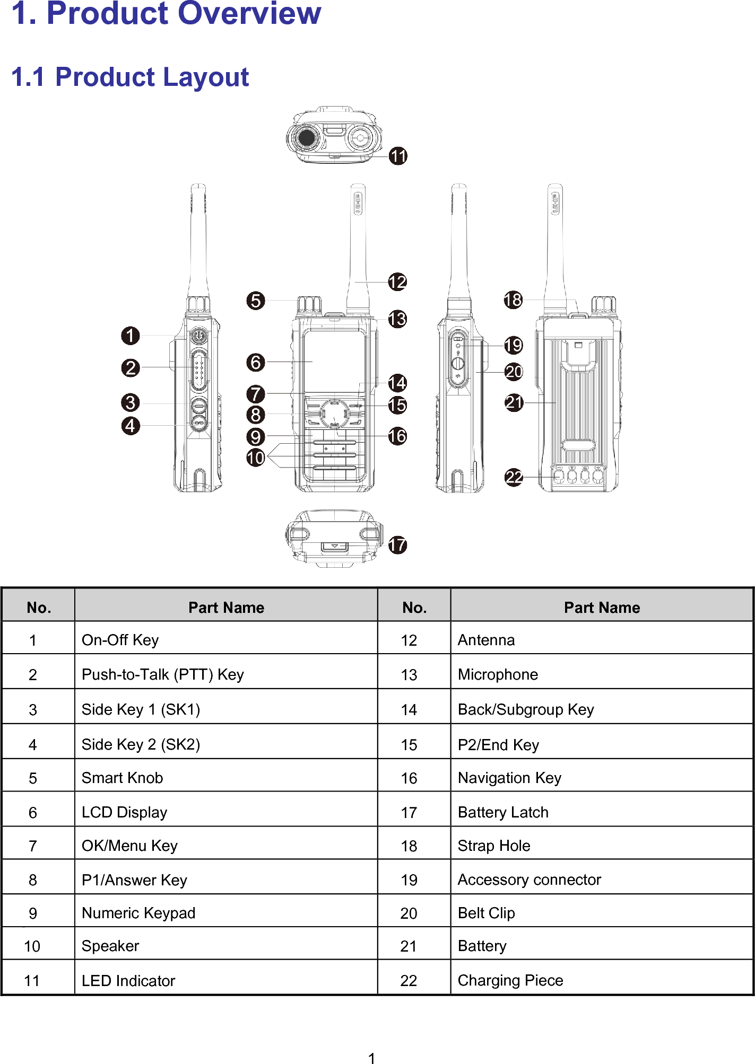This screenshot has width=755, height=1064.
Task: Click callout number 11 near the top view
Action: pyautogui.click(x=398, y=156)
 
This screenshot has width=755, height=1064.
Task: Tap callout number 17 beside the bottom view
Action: pyautogui.click(x=397, y=544)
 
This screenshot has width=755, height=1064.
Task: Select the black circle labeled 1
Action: pyautogui.click(x=131, y=336)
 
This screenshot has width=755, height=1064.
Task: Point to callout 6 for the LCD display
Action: pyautogui.click(x=256, y=363)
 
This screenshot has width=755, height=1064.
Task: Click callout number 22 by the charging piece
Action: pyautogui.click(x=514, y=477)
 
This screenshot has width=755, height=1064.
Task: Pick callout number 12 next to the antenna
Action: pyautogui.click(x=397, y=282)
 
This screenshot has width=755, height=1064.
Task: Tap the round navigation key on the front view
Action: pyautogui.click(x=334, y=414)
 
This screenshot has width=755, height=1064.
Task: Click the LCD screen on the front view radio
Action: pyautogui.click(x=334, y=360)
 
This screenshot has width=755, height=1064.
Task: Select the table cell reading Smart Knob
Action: pyautogui.click(x=123, y=778)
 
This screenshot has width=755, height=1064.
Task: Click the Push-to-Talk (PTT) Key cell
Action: pyautogui.click(x=162, y=674)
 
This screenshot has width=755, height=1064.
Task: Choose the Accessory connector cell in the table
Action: pyautogui.click(x=529, y=880)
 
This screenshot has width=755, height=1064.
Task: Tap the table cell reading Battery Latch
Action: pyautogui.click(x=502, y=812)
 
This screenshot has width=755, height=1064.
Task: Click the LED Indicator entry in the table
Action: pyautogui.click(x=128, y=981)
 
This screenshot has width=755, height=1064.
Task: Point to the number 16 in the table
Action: pyautogui.click(x=409, y=778)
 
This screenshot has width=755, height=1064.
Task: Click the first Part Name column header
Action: pyautogui.click(x=226, y=608)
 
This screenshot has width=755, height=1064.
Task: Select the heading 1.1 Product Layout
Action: pyautogui.click(x=130, y=77)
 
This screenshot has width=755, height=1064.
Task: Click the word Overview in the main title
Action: pyautogui.click(x=249, y=14)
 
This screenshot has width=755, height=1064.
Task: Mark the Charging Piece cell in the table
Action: pyautogui.click(x=510, y=980)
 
